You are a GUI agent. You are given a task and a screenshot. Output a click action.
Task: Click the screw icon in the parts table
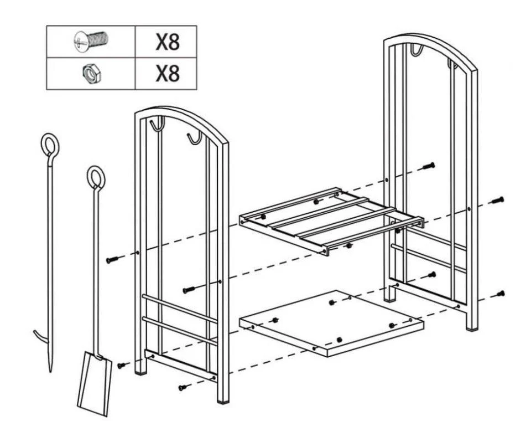[x=90, y=41]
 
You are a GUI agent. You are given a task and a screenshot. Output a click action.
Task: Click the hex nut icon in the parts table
[x=92, y=73]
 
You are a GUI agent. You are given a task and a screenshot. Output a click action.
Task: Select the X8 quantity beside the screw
[x=167, y=42]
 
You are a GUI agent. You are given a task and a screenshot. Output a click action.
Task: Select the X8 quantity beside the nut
[x=167, y=73]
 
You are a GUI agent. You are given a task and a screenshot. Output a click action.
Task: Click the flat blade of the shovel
[x=95, y=383]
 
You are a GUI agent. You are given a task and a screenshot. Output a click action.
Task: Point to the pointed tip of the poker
[x=51, y=371]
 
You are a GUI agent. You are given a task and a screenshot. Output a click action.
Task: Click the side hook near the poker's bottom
[x=40, y=337]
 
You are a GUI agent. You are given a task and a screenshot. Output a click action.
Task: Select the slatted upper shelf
[x=331, y=220]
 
